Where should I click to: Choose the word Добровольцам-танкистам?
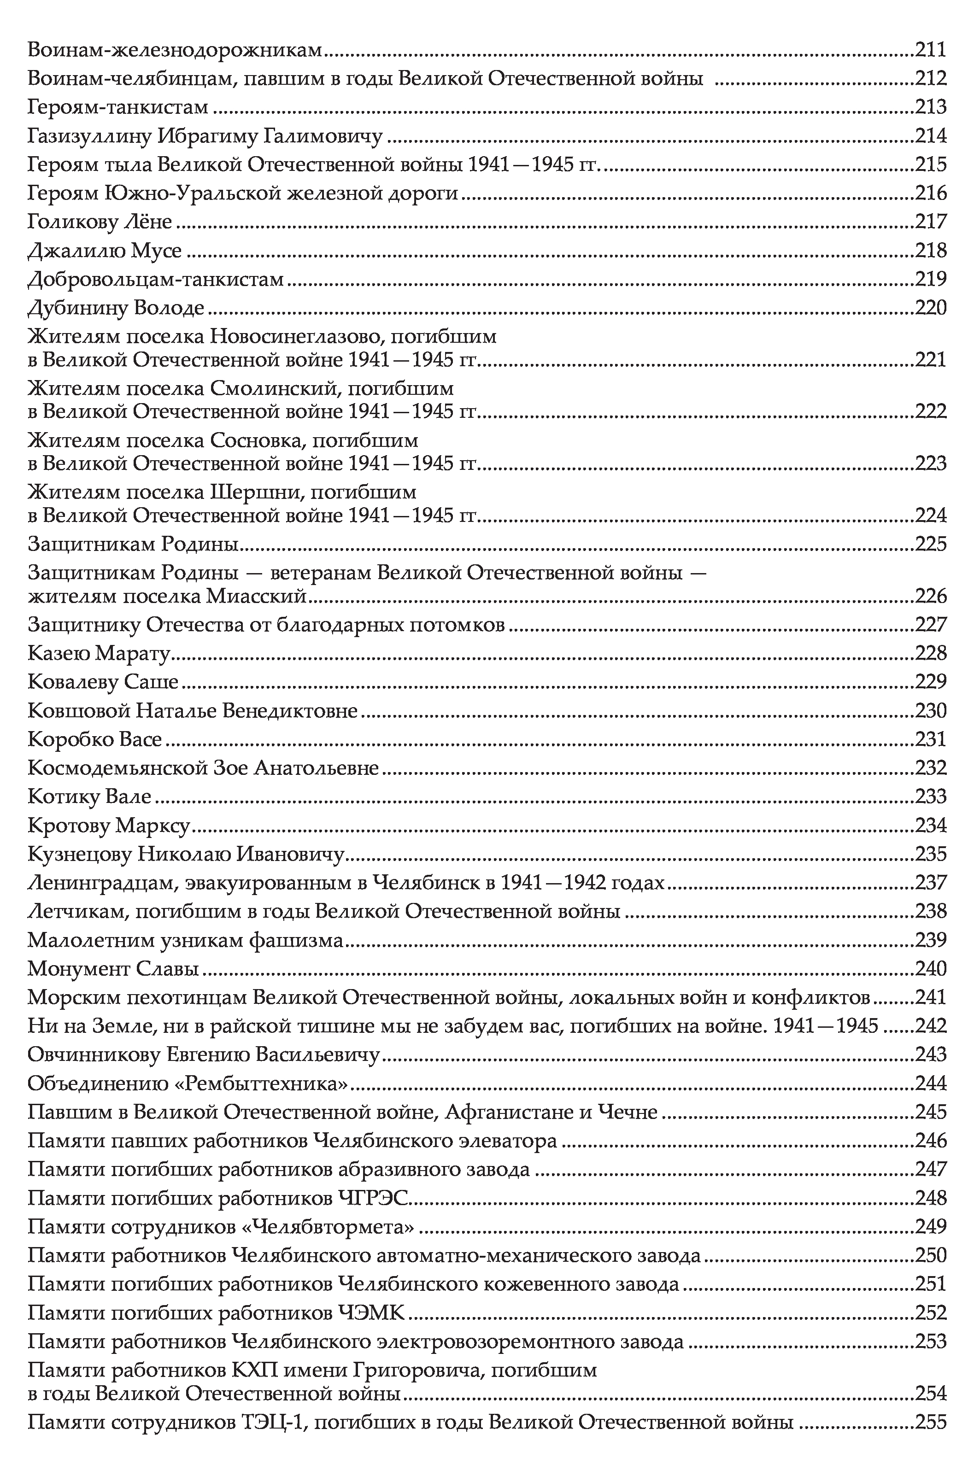[156, 280]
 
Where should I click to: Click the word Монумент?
[78, 969]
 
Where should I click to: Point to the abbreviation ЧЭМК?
[371, 1312]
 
